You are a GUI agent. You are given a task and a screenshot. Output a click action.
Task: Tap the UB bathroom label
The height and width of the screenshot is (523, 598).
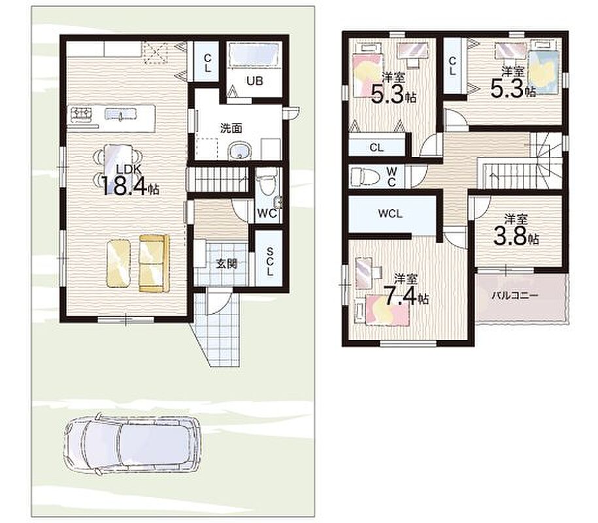[x=254, y=81]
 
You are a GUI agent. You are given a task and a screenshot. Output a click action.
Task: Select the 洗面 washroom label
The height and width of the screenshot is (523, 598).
[x=231, y=128]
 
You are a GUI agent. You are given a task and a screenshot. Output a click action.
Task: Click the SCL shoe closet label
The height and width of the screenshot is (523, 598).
[x=270, y=261]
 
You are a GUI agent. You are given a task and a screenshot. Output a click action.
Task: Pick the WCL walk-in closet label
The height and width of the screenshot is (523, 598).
[x=390, y=214]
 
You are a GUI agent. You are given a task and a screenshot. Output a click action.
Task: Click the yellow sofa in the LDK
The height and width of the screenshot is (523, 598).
[x=154, y=263]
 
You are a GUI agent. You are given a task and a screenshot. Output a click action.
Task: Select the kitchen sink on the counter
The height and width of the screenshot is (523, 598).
[x=120, y=114]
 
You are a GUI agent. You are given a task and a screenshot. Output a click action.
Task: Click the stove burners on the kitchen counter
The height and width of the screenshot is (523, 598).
[x=82, y=112]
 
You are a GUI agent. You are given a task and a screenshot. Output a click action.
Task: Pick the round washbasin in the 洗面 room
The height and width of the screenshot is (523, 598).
[x=239, y=152]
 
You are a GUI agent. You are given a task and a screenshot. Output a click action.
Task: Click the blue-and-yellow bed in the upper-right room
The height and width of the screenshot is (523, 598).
[x=543, y=72]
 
